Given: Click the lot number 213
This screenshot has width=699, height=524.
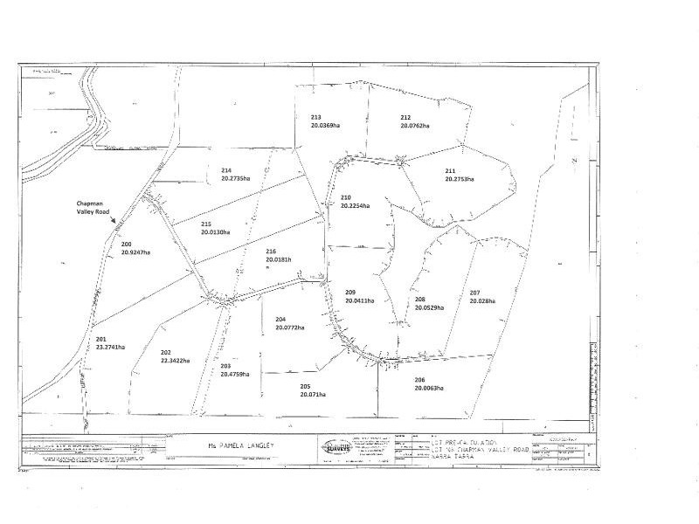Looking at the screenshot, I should click(316, 117).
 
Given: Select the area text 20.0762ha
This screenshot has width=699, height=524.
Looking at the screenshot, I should click(415, 126).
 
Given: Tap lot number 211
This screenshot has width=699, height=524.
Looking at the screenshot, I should click(450, 170).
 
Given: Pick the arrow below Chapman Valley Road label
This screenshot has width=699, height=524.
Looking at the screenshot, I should click(114, 225).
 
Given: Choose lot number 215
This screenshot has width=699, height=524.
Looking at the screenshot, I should click(206, 224).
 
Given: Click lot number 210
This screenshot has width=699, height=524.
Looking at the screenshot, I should click(346, 197).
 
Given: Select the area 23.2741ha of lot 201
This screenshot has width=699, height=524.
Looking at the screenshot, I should click(105, 347).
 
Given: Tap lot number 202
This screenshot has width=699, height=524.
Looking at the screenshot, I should click(166, 352).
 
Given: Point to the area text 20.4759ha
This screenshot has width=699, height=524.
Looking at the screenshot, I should click(235, 375).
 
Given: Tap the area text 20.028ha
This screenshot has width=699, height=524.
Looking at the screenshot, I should click(481, 301).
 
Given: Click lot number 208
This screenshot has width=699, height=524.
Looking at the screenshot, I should click(421, 299).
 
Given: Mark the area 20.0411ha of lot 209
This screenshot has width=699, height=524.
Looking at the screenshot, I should click(360, 300).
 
